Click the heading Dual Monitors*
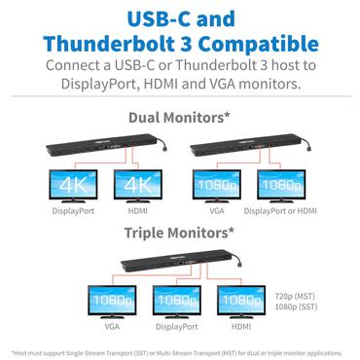(179, 119)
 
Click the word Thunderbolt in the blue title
(117, 44)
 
